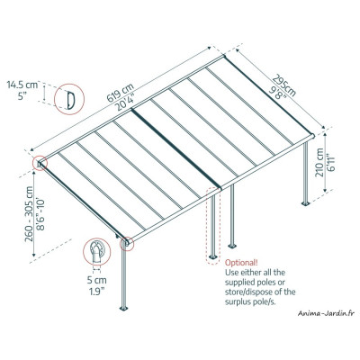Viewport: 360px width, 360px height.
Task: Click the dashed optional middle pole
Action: (x=213, y=225)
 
